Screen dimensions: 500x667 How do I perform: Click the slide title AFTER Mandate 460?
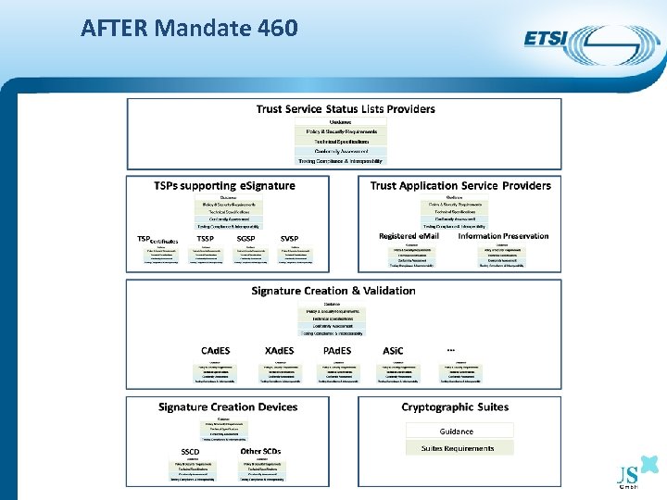pyautogui.click(x=189, y=28)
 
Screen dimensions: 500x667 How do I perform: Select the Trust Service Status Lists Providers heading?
pyautogui.click(x=346, y=109)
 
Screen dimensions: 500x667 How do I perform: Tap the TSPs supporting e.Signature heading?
pyautogui.click(x=224, y=186)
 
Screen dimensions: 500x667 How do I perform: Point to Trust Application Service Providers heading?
pyautogui.click(x=460, y=186)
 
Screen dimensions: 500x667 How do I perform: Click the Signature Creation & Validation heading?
pyautogui.click(x=333, y=291)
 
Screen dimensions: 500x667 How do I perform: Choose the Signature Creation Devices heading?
pyautogui.click(x=228, y=407)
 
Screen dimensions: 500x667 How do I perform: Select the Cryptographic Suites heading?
pyautogui.click(x=455, y=407)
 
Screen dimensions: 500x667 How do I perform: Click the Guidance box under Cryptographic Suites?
pyautogui.click(x=456, y=431)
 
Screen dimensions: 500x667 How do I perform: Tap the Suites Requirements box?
pyautogui.click(x=458, y=448)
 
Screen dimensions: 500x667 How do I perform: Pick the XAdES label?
pyautogui.click(x=279, y=351)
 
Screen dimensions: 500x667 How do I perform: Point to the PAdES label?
pyautogui.click(x=336, y=351)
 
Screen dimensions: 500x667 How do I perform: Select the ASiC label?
pyautogui.click(x=393, y=351)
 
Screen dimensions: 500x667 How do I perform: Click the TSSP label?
pyautogui.click(x=205, y=238)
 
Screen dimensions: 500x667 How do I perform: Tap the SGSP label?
pyautogui.click(x=245, y=238)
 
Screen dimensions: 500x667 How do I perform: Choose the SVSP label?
pyautogui.click(x=289, y=238)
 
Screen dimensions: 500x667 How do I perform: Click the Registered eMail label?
pyautogui.click(x=411, y=236)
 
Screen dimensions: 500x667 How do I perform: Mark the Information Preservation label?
pyautogui.click(x=503, y=236)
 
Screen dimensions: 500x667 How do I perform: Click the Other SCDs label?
pyautogui.click(x=260, y=451)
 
